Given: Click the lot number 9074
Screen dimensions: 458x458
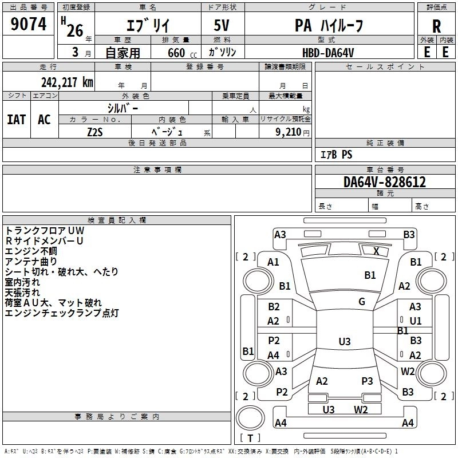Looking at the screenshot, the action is click(28, 23).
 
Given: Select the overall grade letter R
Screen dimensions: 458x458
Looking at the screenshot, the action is click(436, 26).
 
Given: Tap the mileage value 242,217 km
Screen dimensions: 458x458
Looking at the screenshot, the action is click(67, 82).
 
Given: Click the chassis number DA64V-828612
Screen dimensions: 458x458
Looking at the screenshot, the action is click(385, 182).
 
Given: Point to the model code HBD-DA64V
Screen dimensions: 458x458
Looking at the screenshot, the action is click(328, 53).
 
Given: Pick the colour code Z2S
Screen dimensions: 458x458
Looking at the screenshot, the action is click(95, 132).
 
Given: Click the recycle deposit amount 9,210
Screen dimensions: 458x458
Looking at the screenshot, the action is click(289, 132).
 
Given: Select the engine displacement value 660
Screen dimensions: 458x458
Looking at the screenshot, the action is click(176, 53).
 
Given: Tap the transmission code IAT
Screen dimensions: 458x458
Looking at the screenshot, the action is click(17, 120).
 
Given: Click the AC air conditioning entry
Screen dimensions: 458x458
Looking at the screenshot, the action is click(45, 120).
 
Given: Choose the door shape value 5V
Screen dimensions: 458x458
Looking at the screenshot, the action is click(222, 25).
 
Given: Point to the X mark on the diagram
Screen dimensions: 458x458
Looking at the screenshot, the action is click(376, 251).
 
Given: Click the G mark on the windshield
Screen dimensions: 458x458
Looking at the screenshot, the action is click(362, 302).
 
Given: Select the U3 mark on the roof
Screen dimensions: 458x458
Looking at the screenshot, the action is click(345, 341).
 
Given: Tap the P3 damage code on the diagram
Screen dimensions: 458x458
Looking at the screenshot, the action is click(367, 381).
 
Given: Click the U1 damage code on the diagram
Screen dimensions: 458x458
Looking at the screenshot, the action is click(416, 321).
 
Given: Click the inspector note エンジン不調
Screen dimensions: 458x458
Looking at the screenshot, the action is click(31, 251).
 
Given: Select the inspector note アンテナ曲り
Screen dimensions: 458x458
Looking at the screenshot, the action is click(31, 262).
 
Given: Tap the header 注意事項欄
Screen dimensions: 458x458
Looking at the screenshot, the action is click(157, 169).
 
